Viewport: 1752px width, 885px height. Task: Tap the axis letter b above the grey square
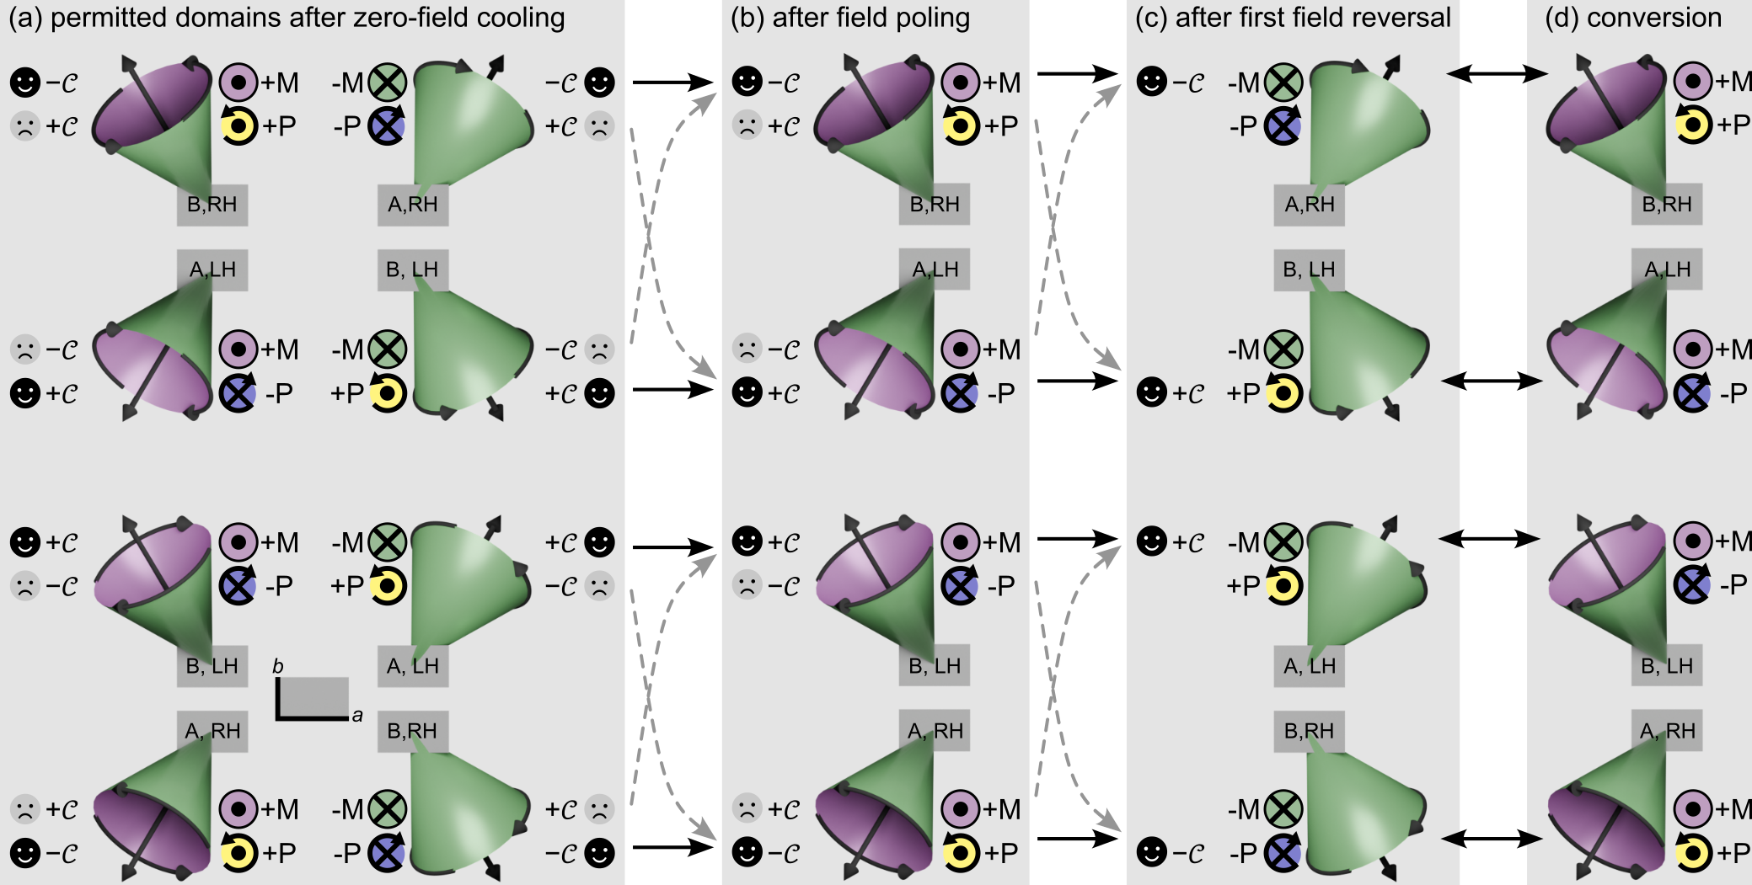tap(278, 667)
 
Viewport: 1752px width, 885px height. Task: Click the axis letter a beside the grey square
tap(357, 716)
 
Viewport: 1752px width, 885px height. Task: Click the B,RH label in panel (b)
tap(935, 205)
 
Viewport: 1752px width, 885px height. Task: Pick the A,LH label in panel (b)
tap(935, 269)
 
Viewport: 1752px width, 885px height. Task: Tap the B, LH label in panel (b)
tap(935, 666)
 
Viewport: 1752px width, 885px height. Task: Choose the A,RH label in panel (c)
tap(1309, 205)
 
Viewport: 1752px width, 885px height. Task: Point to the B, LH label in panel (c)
tap(1309, 269)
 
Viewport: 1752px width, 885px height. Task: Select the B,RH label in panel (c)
tap(1309, 731)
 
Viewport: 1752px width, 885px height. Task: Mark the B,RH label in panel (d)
tap(1667, 205)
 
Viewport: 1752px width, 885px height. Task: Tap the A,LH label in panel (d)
tap(1667, 269)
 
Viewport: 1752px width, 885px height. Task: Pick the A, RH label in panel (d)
tap(1667, 731)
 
